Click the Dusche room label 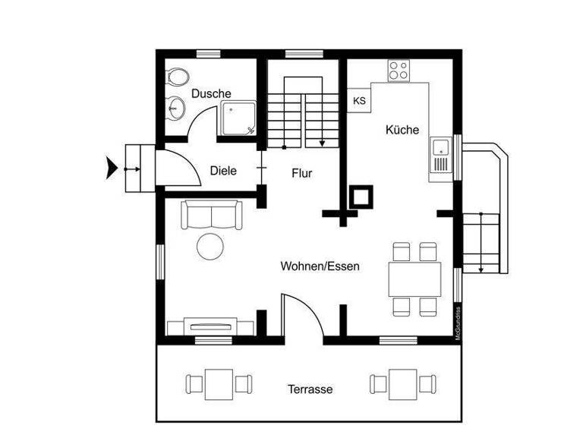click(211, 93)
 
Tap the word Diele click(223, 171)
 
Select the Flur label click(302, 173)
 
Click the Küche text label click(402, 130)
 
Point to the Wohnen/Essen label click(320, 266)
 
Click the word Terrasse click(310, 389)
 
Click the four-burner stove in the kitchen click(399, 71)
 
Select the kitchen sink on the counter click(440, 156)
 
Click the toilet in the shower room click(178, 78)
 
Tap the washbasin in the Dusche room click(175, 108)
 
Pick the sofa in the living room click(210, 215)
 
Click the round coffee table click(210, 247)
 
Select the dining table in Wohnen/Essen click(414, 279)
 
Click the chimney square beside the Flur click(360, 197)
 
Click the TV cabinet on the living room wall click(211, 327)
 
